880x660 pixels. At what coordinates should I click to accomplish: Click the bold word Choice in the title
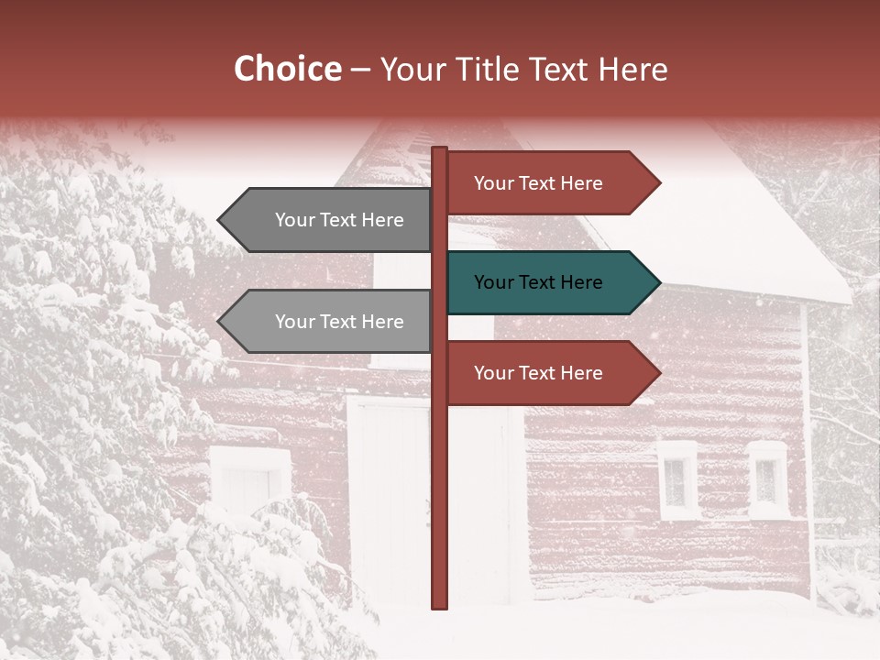coord(287,70)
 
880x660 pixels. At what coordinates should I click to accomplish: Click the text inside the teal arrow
coord(538,282)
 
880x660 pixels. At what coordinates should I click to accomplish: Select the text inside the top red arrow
coord(538,183)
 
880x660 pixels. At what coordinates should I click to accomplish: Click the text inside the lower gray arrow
coord(339,322)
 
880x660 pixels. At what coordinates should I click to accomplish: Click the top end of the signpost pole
coord(439,150)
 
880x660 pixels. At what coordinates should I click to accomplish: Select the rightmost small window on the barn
coord(767,479)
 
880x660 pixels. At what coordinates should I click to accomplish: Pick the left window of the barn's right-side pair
coord(676,479)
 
